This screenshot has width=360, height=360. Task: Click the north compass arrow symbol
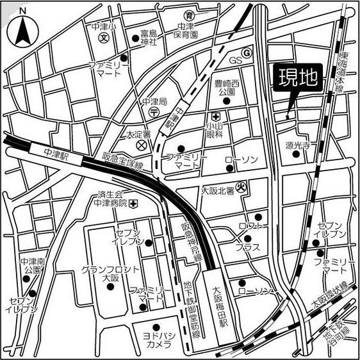pyautogui.click(x=22, y=27)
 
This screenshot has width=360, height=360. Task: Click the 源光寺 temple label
pyautogui.click(x=297, y=146)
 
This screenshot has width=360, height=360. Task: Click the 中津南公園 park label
pyautogui.click(x=30, y=266)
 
